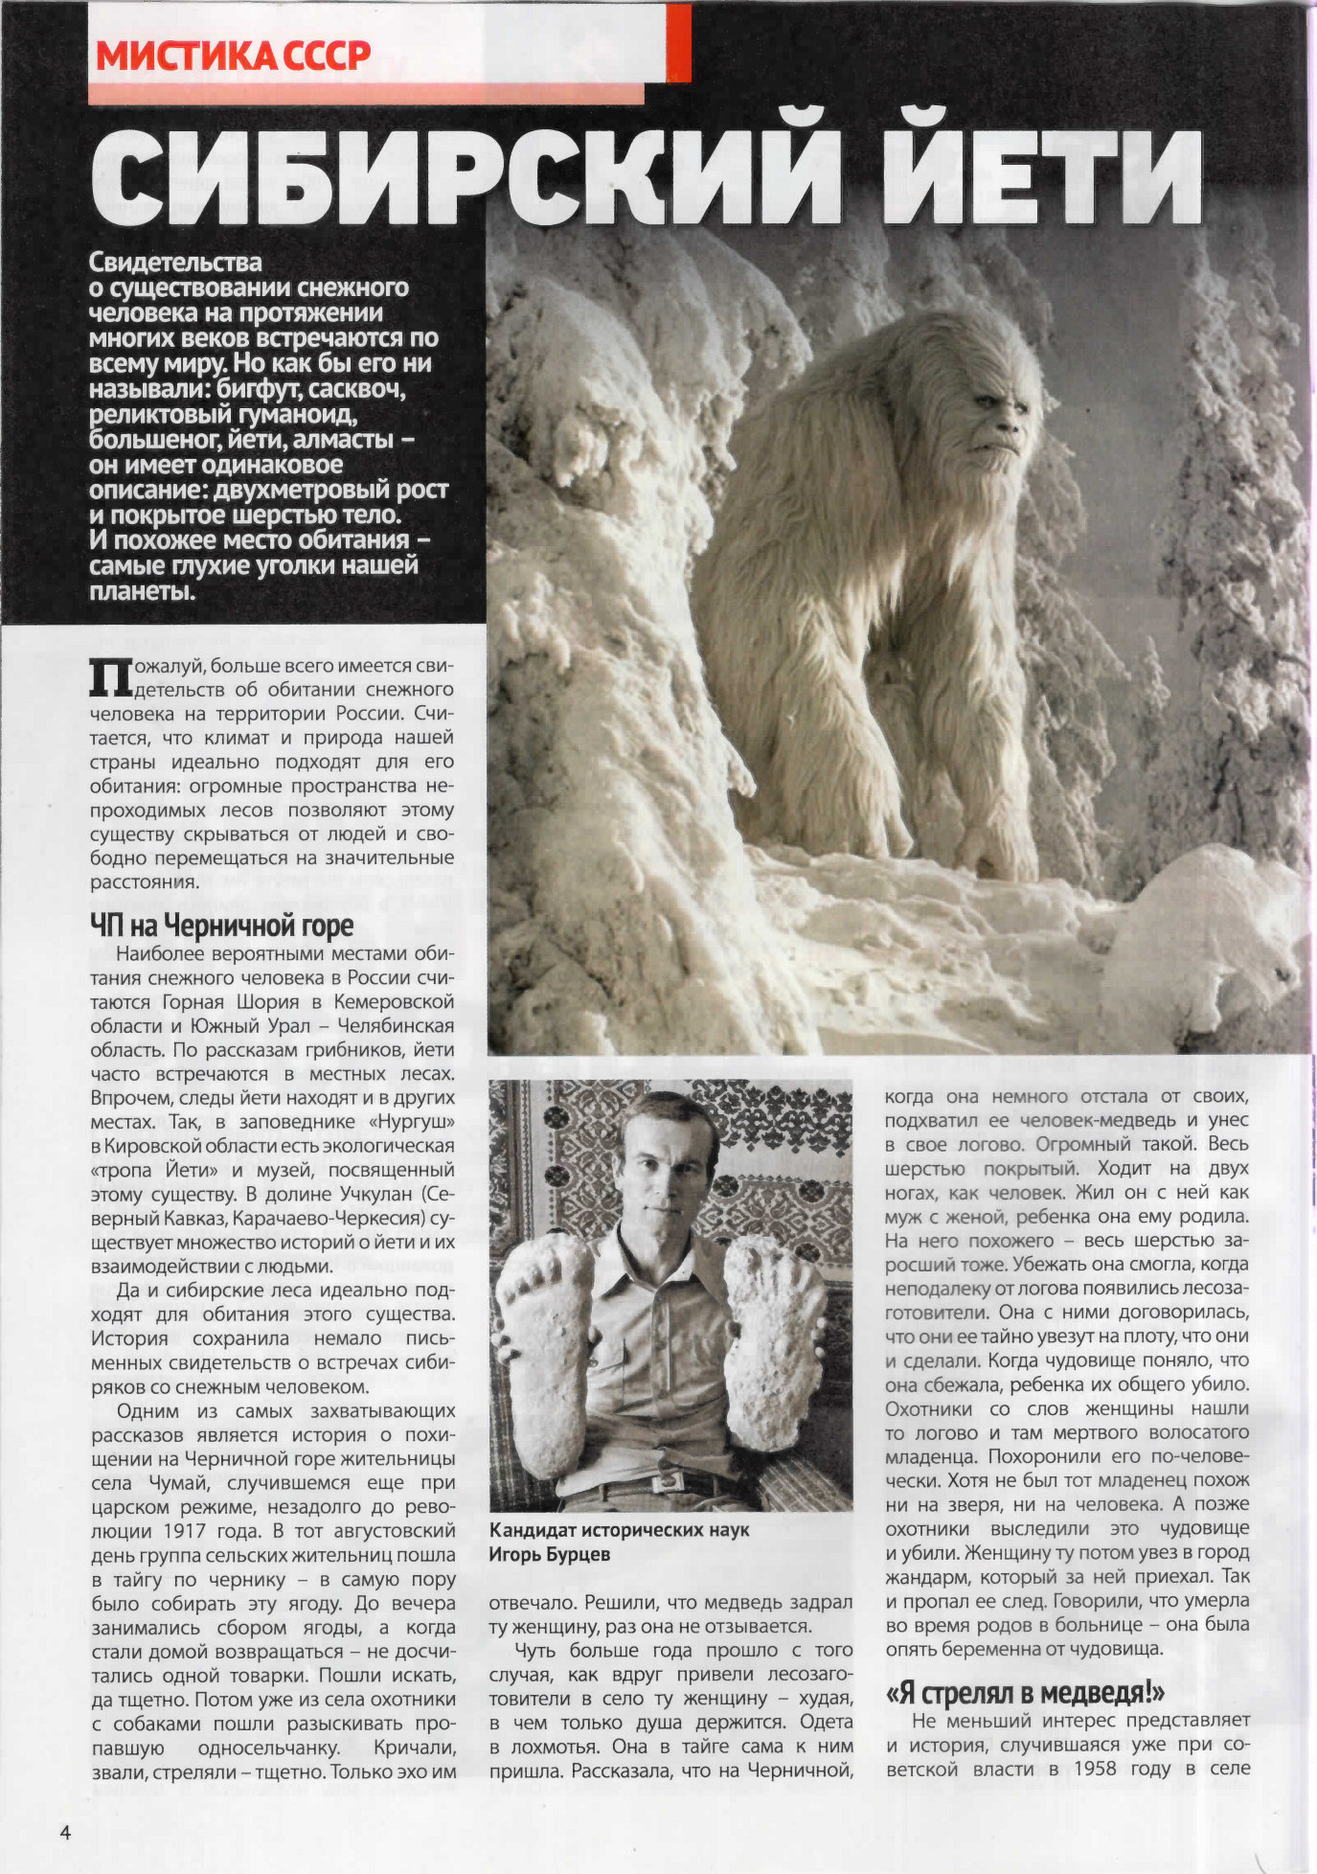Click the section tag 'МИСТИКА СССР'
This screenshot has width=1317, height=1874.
click(233, 56)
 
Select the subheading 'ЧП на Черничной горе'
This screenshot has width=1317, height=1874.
click(221, 926)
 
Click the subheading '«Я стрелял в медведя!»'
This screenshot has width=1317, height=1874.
click(1025, 1693)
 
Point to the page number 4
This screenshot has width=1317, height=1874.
click(65, 1832)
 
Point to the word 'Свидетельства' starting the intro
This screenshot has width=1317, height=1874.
click(175, 262)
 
